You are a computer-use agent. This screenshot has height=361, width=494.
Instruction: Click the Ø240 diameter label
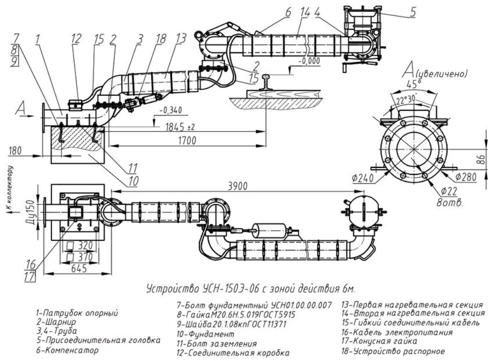[x=363, y=179]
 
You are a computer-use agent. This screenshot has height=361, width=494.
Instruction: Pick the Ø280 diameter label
[x=465, y=177]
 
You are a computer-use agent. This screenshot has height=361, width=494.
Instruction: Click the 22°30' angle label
[x=408, y=100]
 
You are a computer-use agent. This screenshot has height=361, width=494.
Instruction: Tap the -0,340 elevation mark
[x=171, y=111]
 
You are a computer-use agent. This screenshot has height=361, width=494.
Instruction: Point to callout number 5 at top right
[x=413, y=12]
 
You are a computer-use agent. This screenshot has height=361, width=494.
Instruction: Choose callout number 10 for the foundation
[x=133, y=180]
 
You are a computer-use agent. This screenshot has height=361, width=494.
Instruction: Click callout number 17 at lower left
[x=30, y=277]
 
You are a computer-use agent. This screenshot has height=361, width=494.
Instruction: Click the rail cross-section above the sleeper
[x=266, y=81]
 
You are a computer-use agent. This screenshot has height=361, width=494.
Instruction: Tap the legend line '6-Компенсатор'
[x=67, y=350]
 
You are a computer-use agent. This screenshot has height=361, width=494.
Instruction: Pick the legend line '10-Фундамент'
[x=206, y=333]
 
